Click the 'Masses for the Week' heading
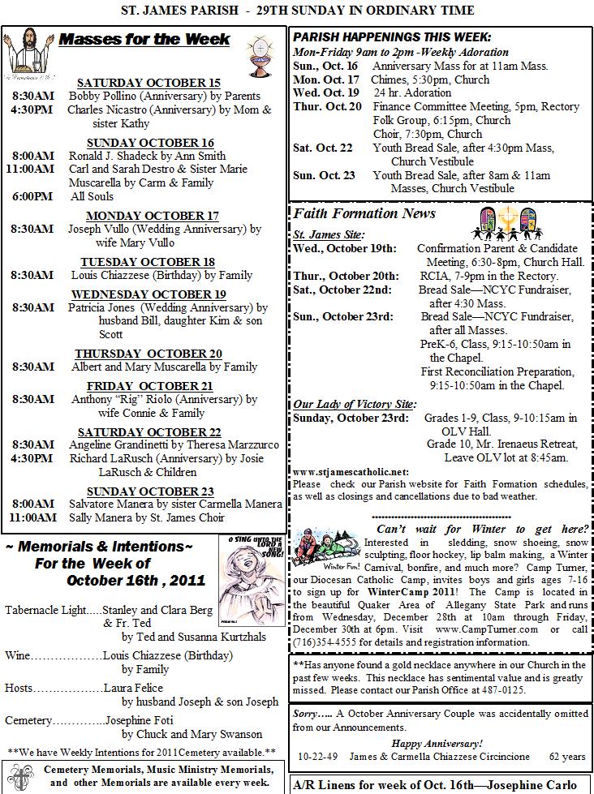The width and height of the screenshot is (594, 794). coord(145,40)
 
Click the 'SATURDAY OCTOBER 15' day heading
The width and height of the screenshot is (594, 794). coord(148,83)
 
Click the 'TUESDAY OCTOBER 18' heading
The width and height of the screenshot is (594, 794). coord(148,262)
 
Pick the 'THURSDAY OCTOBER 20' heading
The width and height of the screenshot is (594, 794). coord(148,354)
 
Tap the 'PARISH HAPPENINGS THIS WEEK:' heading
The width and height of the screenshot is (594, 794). coord(391,37)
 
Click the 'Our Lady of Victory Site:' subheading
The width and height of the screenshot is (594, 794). coord(355,404)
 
